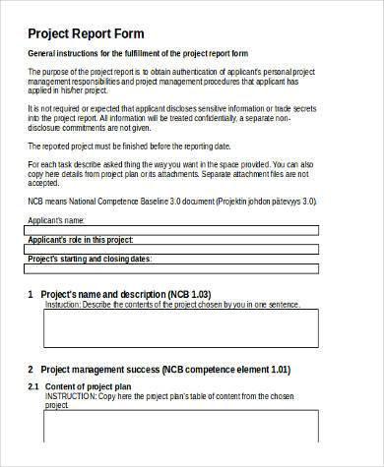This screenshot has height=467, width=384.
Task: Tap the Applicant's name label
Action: [x=58, y=220]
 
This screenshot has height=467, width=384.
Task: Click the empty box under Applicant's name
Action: [x=172, y=231]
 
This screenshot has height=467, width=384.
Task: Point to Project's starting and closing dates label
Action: [x=90, y=261]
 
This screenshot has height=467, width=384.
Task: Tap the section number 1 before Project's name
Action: [x=31, y=294]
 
